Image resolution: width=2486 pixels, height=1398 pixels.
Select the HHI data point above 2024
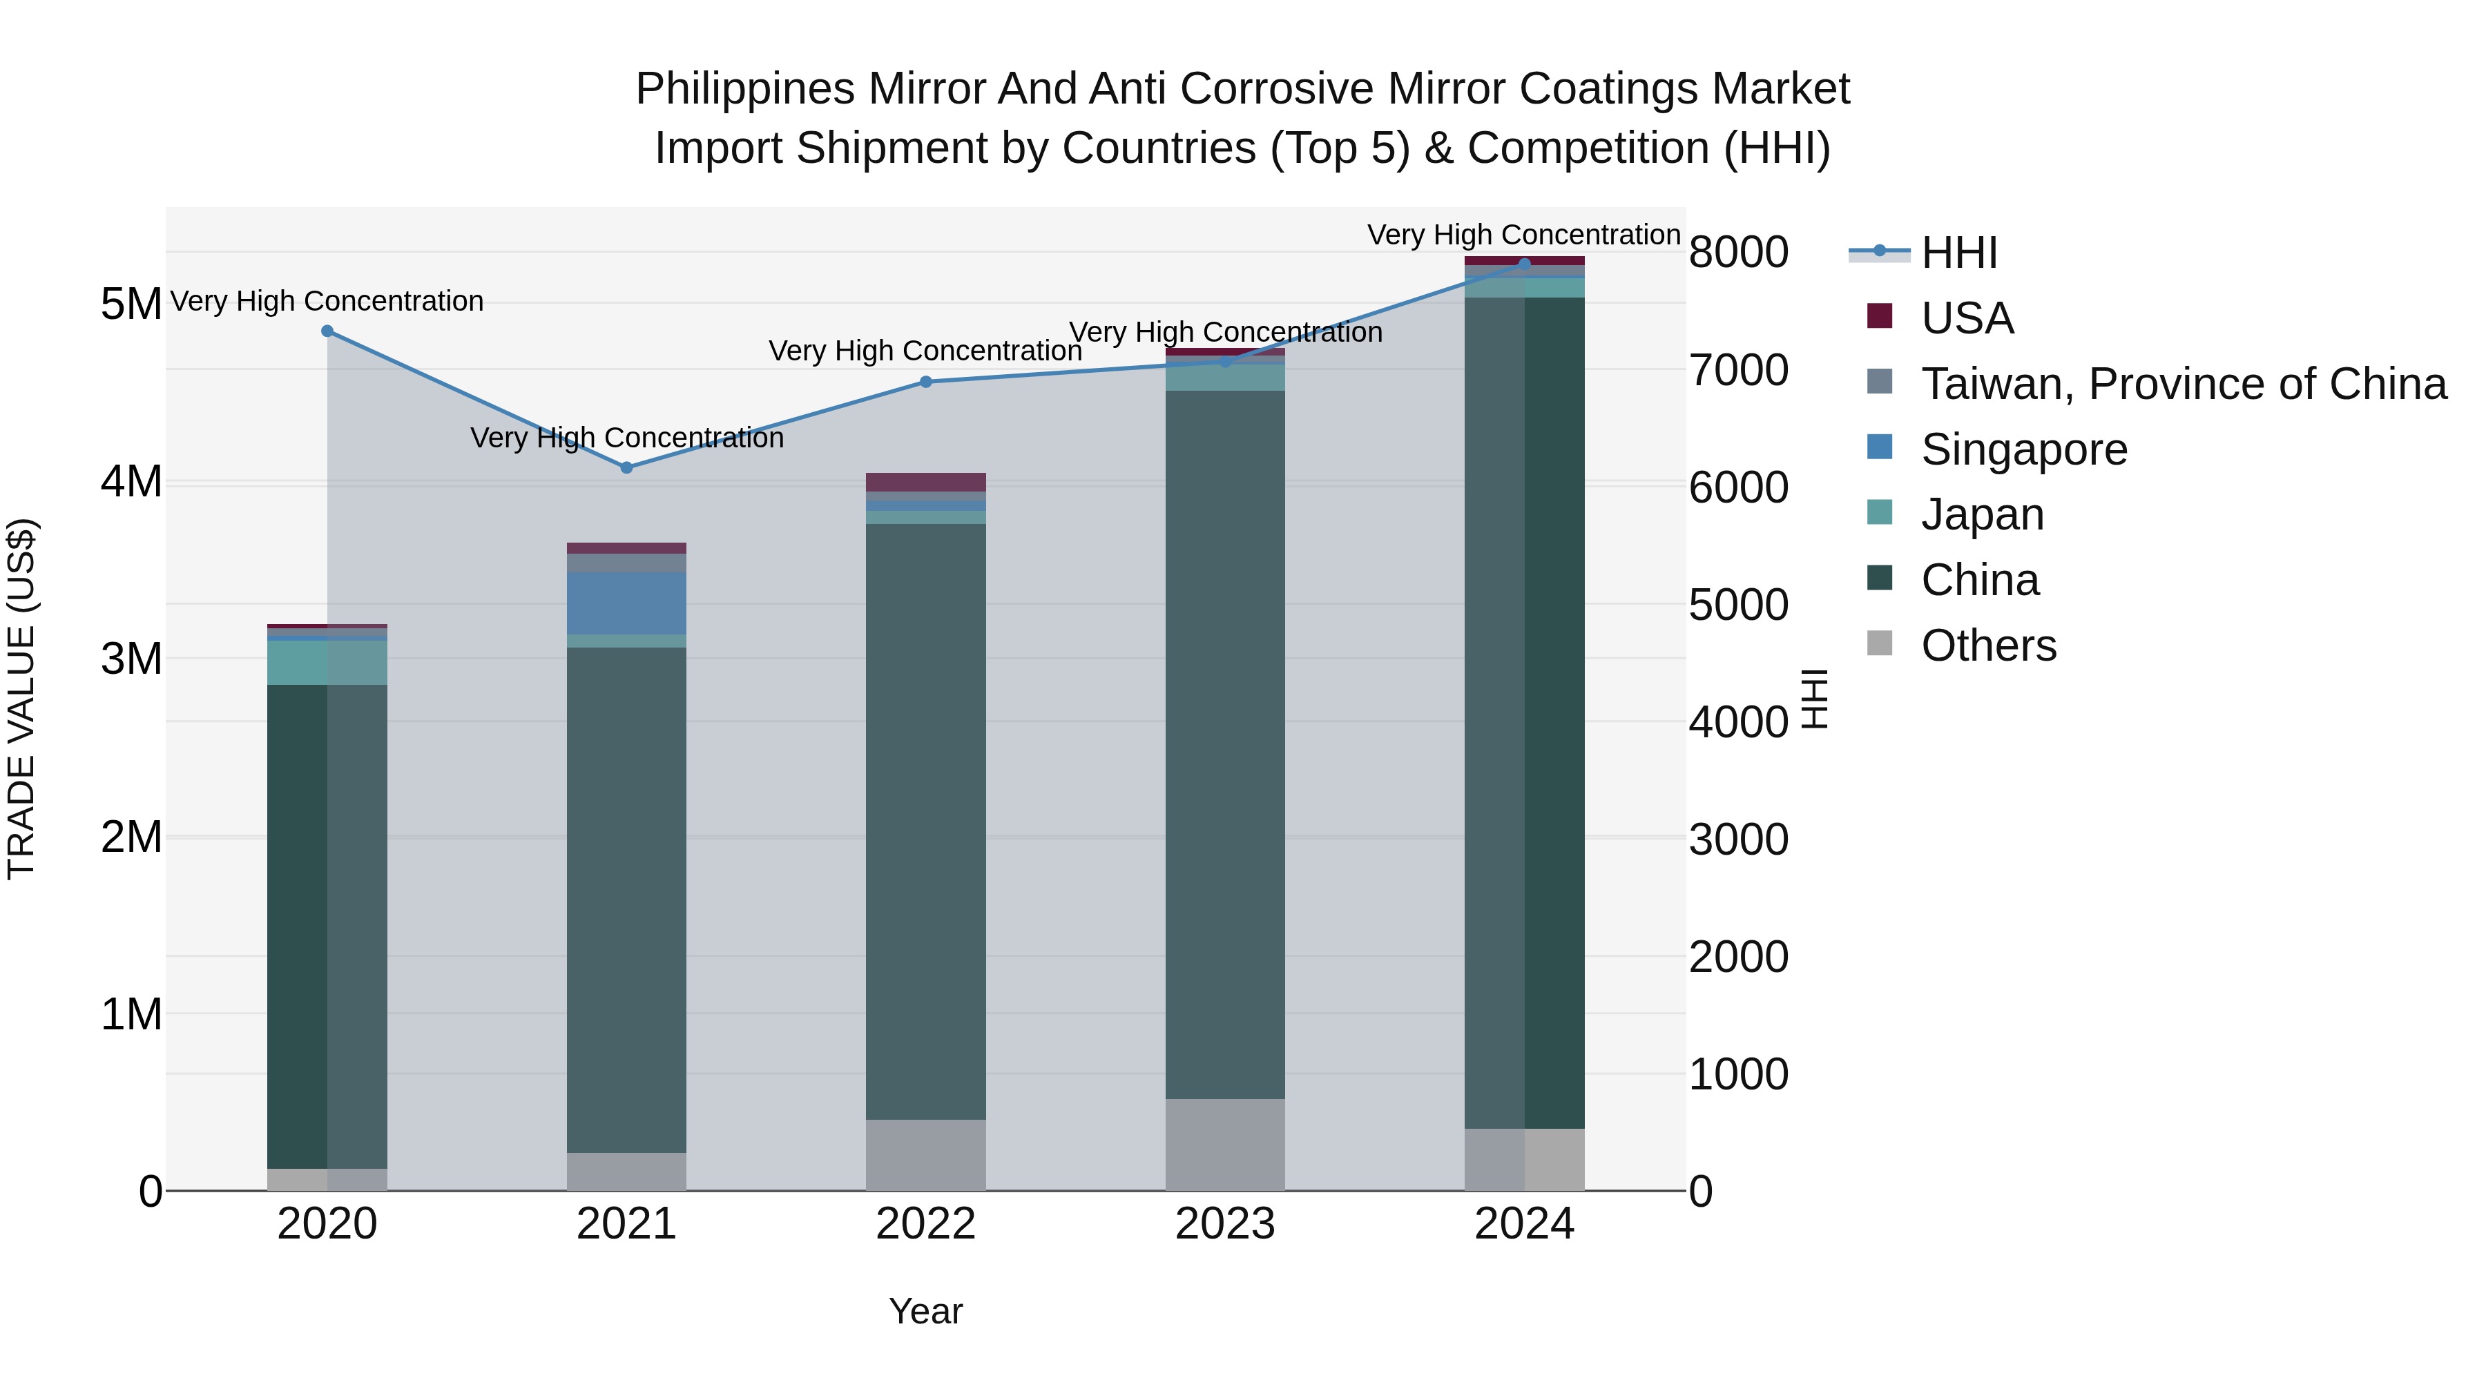coord(1524,264)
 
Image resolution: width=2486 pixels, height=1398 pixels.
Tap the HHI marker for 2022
coord(925,382)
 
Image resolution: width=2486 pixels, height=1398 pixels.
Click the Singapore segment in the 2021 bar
coord(626,603)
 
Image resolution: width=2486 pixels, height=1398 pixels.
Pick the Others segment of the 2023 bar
coord(1224,1144)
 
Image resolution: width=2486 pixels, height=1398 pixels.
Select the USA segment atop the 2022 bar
coord(925,481)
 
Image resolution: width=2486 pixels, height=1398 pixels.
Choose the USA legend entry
coord(1967,318)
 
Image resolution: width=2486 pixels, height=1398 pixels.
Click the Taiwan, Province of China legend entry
coord(2183,384)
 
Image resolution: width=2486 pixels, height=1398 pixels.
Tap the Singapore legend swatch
coord(1880,447)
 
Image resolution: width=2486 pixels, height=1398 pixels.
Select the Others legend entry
coord(1988,645)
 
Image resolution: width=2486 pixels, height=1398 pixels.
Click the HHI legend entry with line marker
coord(1958,253)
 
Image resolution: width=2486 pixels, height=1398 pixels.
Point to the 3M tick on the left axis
coord(131,659)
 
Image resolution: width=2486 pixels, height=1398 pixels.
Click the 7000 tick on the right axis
coord(1738,371)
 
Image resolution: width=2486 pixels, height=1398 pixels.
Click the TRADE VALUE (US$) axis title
coord(21,699)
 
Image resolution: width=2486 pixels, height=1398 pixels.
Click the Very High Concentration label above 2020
coord(327,301)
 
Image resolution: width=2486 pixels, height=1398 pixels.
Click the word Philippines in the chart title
coord(745,89)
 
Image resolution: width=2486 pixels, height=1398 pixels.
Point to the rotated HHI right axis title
coord(1814,699)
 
